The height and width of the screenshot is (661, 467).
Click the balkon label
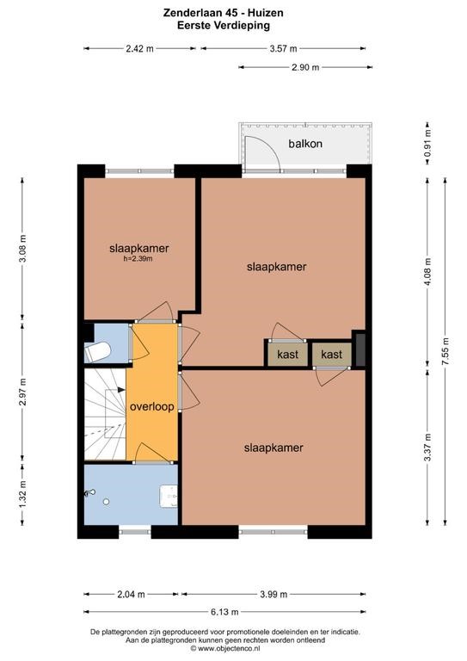pos(305,144)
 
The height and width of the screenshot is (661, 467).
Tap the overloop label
pos(152,407)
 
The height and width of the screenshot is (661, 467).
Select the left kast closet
pos(287,354)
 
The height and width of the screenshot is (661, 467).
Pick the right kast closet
pos(331,354)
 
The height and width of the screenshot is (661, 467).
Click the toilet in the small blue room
pos(97,351)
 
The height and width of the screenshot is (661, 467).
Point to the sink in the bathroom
pos(169,496)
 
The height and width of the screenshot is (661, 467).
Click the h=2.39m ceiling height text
pos(138,259)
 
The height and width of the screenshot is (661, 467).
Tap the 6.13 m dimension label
pos(224,612)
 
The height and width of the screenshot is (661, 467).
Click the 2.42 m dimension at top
pos(140,48)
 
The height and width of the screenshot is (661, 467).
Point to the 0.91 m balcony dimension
pos(427,143)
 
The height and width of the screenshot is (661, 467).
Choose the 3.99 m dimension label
pos(273,595)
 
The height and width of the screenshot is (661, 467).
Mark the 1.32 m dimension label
pos(22,495)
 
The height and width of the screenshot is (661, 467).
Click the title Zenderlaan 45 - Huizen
pos(224,13)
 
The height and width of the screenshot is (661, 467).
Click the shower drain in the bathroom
pos(106,502)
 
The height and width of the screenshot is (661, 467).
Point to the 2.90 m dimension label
pos(305,67)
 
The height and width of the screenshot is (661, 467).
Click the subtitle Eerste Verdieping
pos(224,25)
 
